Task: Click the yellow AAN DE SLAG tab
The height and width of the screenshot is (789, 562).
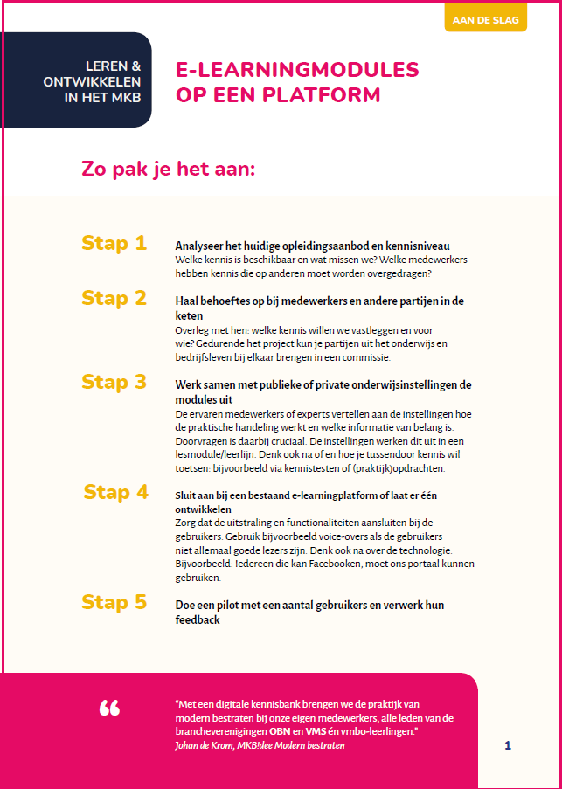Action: point(485,18)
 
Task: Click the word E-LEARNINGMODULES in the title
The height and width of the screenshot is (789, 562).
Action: point(297,70)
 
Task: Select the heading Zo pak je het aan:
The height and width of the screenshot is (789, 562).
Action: point(168,169)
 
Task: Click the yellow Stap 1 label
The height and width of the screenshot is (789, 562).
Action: point(114,244)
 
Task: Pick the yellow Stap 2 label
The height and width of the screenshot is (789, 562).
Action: point(114,299)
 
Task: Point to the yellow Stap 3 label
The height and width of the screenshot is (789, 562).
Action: point(114,382)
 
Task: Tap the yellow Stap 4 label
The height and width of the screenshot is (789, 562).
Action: point(116,493)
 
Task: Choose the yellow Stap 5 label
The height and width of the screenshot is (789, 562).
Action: point(114,602)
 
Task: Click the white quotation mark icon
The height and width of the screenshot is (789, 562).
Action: point(109,708)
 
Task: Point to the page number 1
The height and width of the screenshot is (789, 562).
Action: point(508,745)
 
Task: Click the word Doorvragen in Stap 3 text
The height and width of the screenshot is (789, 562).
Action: point(203,440)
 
